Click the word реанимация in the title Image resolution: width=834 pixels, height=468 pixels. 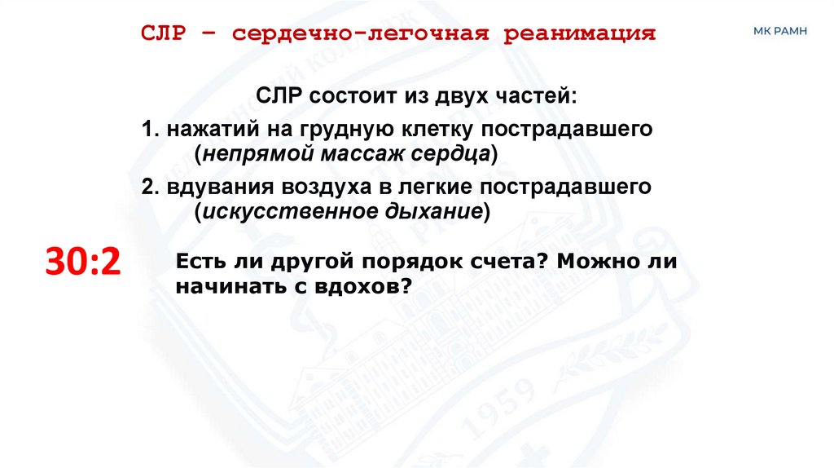[x=580, y=34]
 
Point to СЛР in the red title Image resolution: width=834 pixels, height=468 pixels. [x=165, y=34]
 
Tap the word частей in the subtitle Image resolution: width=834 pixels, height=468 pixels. [x=537, y=96]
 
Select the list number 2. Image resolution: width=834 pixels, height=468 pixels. [x=148, y=187]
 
